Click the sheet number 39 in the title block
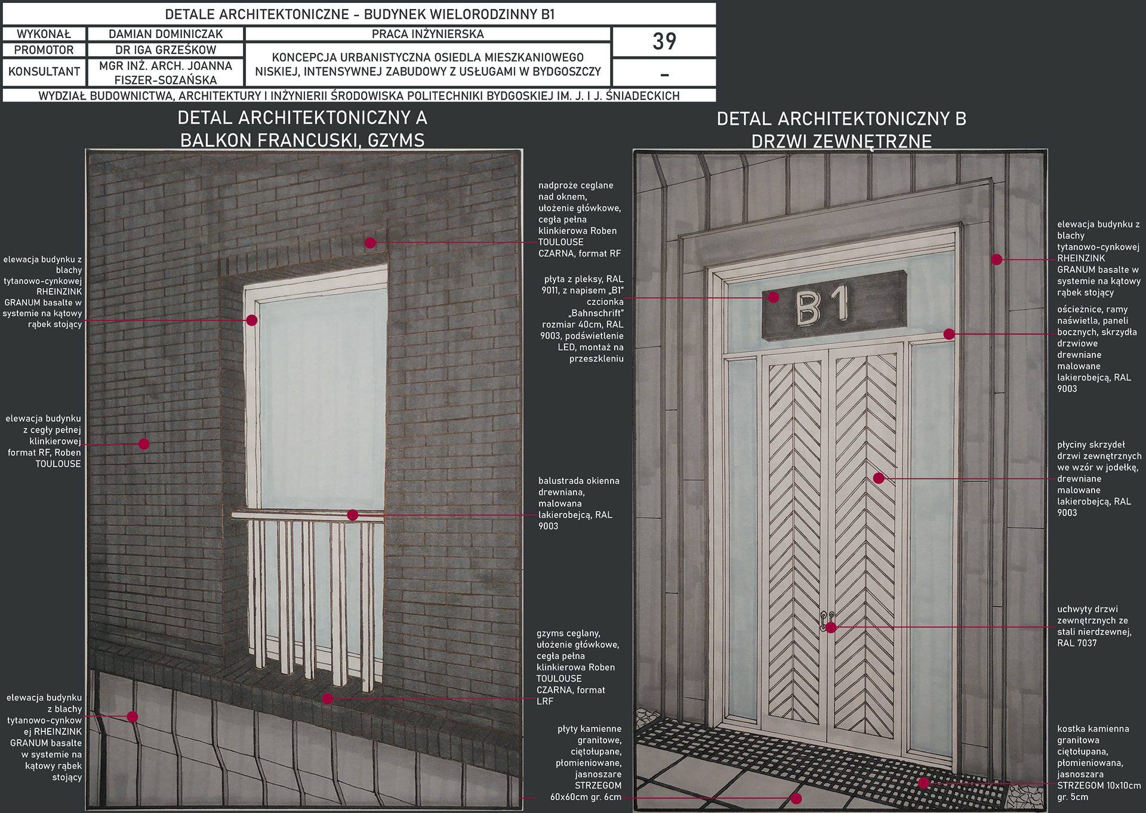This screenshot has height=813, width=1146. click(664, 42)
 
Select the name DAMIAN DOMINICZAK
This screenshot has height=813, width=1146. click(165, 35)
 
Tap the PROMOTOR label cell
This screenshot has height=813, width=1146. click(44, 50)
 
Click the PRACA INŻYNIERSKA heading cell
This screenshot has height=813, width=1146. click(428, 34)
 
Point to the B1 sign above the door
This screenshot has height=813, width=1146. click(834, 305)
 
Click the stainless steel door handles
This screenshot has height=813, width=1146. click(827, 622)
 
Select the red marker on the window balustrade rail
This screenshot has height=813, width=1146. click(353, 515)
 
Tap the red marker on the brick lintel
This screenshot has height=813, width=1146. click(370, 243)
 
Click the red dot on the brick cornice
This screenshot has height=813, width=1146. click(327, 698)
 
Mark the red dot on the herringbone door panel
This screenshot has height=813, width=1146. click(879, 478)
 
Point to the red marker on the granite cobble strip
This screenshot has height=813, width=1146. click(923, 783)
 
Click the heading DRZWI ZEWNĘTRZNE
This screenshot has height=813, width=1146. click(842, 141)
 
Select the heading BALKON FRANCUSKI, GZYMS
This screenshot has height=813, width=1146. click(303, 140)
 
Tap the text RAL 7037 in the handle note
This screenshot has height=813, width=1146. click(1077, 643)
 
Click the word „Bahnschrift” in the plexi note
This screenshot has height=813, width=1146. click(596, 313)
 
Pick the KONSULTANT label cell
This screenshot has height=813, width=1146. click(44, 72)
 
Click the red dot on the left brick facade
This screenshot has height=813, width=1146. click(144, 444)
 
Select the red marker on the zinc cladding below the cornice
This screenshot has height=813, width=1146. click(133, 716)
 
